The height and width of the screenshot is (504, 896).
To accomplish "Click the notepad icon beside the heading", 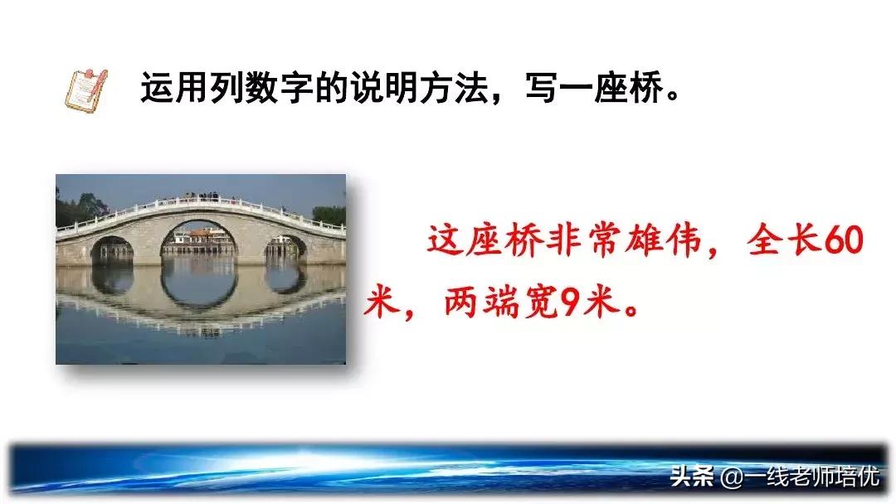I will point(85,90).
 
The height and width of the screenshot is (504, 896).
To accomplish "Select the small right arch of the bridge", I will point(285,247).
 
